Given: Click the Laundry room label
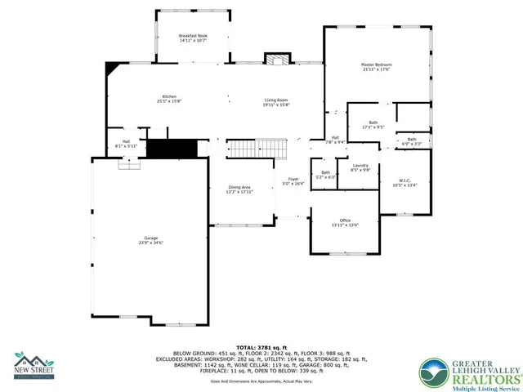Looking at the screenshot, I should point(360,168).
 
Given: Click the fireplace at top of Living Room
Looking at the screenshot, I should point(275,60).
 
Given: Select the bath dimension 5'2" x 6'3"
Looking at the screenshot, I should point(325,176).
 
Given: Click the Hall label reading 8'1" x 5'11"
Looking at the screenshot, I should point(127,145).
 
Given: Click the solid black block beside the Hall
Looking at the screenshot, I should point(172,149).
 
